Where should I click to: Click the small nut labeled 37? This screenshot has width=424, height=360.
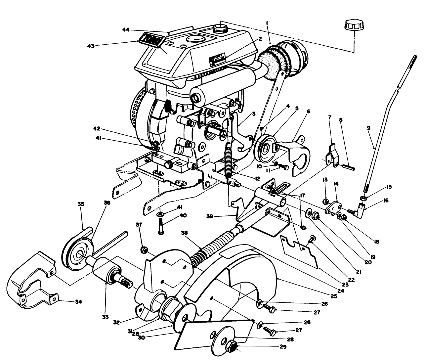[x=144, y=249]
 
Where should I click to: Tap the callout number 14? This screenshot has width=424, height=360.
[x=336, y=192]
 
